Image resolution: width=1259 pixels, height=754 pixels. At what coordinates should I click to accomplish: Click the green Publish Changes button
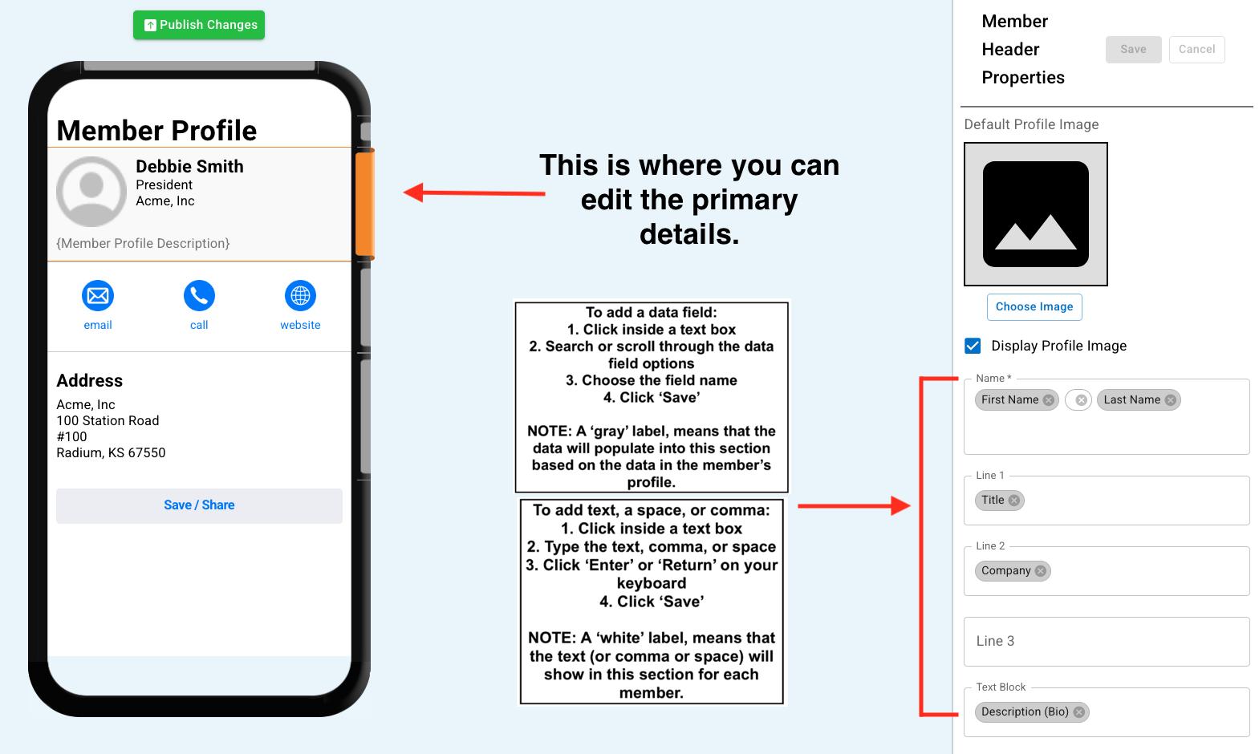199,25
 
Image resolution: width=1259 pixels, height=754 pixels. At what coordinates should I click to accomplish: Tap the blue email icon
98,295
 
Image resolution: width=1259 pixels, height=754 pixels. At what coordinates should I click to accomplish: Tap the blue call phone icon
199,295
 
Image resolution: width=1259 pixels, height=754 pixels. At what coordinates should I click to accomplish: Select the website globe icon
300,295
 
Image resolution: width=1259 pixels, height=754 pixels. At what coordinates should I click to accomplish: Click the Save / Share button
199,505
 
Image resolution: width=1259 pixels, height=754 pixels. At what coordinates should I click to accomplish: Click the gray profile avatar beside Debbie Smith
91,192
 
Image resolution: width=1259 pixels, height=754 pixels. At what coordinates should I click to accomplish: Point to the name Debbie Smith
189,166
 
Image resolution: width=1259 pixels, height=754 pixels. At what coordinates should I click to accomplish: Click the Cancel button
1196,50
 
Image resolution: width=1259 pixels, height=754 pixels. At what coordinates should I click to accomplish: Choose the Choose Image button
1034,306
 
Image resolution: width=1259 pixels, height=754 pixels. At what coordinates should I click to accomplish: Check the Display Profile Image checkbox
973,346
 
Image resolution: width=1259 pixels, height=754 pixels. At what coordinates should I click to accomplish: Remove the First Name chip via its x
1048,400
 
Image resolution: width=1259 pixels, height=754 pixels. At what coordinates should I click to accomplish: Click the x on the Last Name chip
1170,400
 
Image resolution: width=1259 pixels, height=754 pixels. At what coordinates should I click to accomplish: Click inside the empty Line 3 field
1106,642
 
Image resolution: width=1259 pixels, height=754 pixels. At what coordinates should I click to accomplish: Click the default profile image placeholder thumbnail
1036,214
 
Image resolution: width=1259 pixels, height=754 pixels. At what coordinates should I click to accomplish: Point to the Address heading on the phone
89,380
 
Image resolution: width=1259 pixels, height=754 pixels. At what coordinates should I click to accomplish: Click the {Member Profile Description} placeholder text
143,243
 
